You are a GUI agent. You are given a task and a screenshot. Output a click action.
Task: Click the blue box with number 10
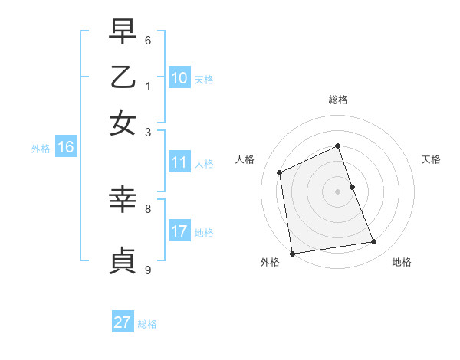(x=179, y=78)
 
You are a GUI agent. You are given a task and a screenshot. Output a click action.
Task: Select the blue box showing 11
(x=179, y=162)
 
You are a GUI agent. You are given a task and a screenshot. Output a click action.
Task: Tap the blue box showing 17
(x=179, y=231)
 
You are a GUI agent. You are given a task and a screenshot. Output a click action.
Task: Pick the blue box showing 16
(x=65, y=147)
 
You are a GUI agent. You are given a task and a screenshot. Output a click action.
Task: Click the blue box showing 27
(x=122, y=322)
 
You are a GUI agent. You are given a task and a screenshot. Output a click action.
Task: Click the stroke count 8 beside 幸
(x=148, y=208)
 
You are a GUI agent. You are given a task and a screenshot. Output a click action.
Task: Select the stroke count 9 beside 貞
(x=148, y=270)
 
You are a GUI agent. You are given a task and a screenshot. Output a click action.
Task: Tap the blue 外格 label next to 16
(x=41, y=149)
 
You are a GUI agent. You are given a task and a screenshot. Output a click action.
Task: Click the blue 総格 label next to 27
(x=147, y=324)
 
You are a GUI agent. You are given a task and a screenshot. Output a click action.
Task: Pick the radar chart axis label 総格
(x=338, y=100)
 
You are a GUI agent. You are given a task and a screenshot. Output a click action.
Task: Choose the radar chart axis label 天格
(x=431, y=159)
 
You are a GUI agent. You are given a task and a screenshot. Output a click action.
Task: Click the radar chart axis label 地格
(x=402, y=262)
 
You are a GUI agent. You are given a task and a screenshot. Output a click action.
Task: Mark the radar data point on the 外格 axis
(x=292, y=254)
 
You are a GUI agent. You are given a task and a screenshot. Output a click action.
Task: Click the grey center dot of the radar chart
(x=338, y=191)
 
